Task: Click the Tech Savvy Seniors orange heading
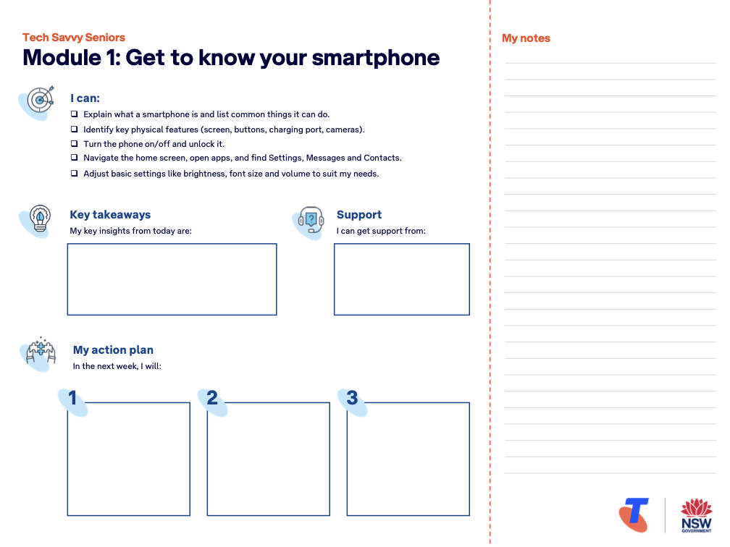pyautogui.click(x=74, y=38)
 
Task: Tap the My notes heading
pyautogui.click(x=526, y=38)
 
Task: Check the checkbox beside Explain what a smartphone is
pyautogui.click(x=75, y=114)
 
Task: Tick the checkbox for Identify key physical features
pyautogui.click(x=75, y=130)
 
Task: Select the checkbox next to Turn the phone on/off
pyautogui.click(x=75, y=144)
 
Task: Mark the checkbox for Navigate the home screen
pyautogui.click(x=75, y=158)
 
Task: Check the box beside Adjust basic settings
pyautogui.click(x=75, y=174)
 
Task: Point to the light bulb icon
pyautogui.click(x=38, y=219)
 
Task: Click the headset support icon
pyautogui.click(x=310, y=219)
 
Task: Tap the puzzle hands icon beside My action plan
pyautogui.click(x=40, y=353)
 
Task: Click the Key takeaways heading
pyautogui.click(x=110, y=215)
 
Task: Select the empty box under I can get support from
pyautogui.click(x=401, y=279)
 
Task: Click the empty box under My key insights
pyautogui.click(x=172, y=279)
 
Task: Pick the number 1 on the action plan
pyautogui.click(x=72, y=398)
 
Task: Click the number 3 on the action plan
pyautogui.click(x=352, y=398)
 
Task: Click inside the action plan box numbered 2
pyautogui.click(x=268, y=459)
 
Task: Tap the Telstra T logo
pyautogui.click(x=634, y=514)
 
